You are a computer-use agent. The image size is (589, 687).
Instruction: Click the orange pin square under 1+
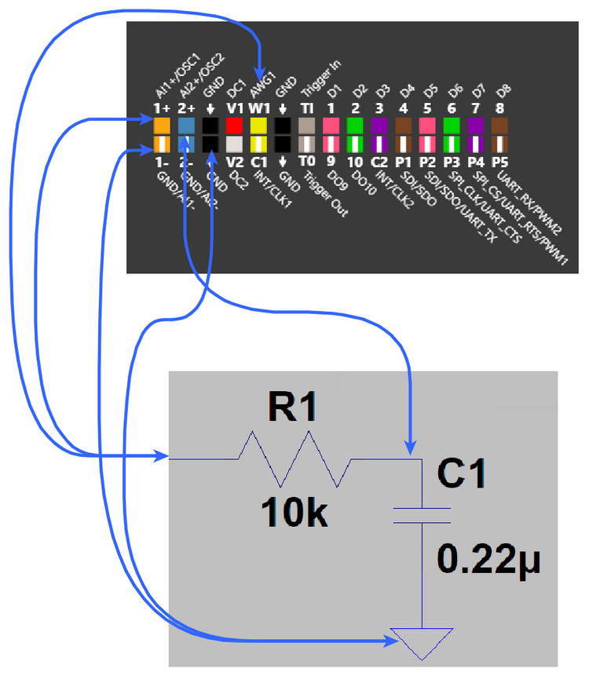coord(162,126)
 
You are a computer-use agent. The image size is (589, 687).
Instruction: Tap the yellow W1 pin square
coord(258,126)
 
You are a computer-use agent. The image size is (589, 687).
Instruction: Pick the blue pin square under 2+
coord(186,126)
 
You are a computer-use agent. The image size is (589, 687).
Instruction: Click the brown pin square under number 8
coord(499,126)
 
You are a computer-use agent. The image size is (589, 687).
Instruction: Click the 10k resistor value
coord(294,513)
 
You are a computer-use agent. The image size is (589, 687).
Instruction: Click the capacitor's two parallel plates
coord(422,514)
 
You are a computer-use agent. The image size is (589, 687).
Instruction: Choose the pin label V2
coord(234,162)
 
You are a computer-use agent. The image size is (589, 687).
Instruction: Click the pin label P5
coord(499,162)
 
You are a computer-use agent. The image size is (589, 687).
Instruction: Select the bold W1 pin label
coord(258,108)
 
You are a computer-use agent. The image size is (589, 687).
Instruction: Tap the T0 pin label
coord(307,162)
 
